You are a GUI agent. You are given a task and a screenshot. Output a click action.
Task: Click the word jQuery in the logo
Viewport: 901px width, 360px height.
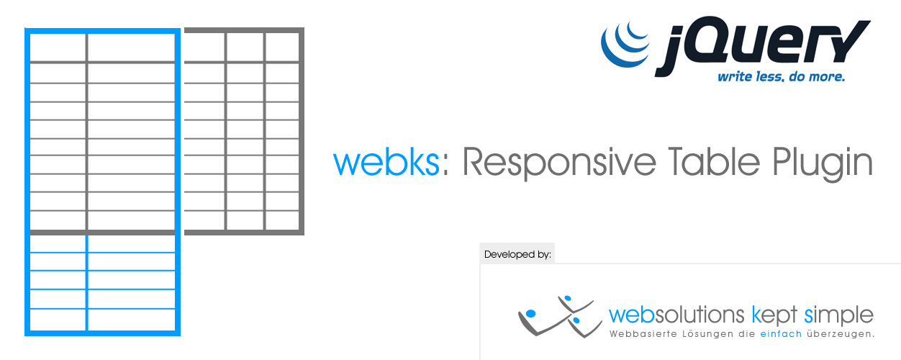(762, 45)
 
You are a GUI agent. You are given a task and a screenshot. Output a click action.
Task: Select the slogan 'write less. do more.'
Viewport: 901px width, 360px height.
(781, 76)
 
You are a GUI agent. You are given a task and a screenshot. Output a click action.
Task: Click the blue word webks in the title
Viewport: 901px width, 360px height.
(386, 162)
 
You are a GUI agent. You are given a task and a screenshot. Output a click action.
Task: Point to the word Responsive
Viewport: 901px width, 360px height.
(559, 163)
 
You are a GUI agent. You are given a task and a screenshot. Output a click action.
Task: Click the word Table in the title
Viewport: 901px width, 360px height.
(714, 161)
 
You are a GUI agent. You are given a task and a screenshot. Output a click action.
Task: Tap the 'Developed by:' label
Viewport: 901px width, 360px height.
(517, 254)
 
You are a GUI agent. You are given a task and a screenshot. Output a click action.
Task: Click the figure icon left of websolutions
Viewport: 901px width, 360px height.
(559, 316)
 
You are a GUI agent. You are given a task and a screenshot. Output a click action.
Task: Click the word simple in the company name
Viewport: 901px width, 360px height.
(838, 315)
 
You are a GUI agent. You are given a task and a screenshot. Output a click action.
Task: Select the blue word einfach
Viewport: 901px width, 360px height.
(781, 334)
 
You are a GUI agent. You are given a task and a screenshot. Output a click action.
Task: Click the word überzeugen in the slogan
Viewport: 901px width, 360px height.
(841, 334)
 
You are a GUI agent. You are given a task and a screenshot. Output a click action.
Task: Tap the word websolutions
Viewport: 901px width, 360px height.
(676, 315)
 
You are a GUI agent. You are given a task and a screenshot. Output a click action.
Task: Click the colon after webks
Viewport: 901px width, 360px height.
(445, 165)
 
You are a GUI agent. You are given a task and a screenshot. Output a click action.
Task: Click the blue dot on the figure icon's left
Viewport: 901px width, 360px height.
(531, 313)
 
